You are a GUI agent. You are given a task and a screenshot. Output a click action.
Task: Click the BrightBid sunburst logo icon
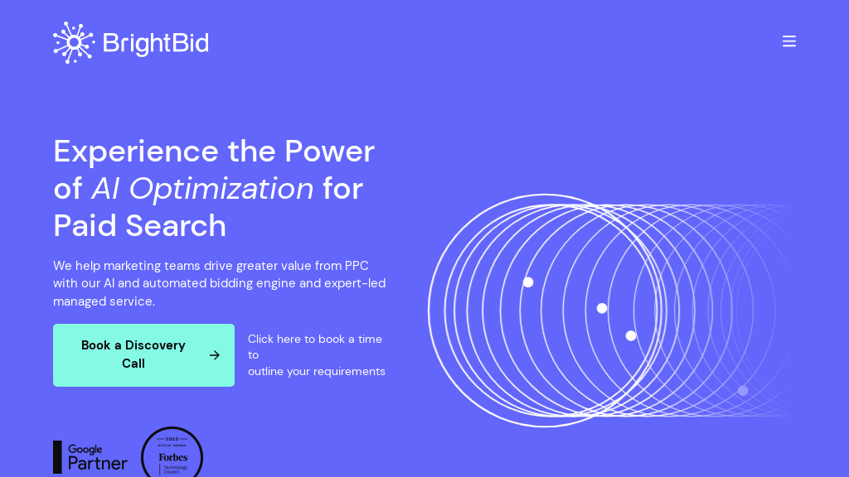74,42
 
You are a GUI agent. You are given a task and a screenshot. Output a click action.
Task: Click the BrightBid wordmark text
156,43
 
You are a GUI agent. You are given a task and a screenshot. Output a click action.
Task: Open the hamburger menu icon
789,41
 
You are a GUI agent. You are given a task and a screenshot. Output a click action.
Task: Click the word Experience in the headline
136,151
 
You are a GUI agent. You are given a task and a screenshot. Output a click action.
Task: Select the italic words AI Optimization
202,188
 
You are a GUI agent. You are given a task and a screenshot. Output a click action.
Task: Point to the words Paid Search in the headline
139,225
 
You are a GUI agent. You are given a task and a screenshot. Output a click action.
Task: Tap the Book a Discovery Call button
133,354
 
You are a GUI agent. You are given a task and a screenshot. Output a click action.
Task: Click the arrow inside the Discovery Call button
215,355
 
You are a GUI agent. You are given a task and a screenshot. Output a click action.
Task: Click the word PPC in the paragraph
357,266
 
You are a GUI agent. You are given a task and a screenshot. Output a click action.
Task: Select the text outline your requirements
316,371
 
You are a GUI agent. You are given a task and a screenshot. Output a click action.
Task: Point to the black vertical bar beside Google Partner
57,456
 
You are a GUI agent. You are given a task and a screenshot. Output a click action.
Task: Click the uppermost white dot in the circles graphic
528,282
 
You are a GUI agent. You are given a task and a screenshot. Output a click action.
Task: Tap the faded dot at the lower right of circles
743,391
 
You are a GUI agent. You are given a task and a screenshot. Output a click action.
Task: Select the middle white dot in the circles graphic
602,308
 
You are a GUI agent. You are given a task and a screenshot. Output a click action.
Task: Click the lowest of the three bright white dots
631,335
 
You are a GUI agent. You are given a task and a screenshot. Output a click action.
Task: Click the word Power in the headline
329,151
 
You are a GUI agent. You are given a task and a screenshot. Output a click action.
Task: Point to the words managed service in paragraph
104,301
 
